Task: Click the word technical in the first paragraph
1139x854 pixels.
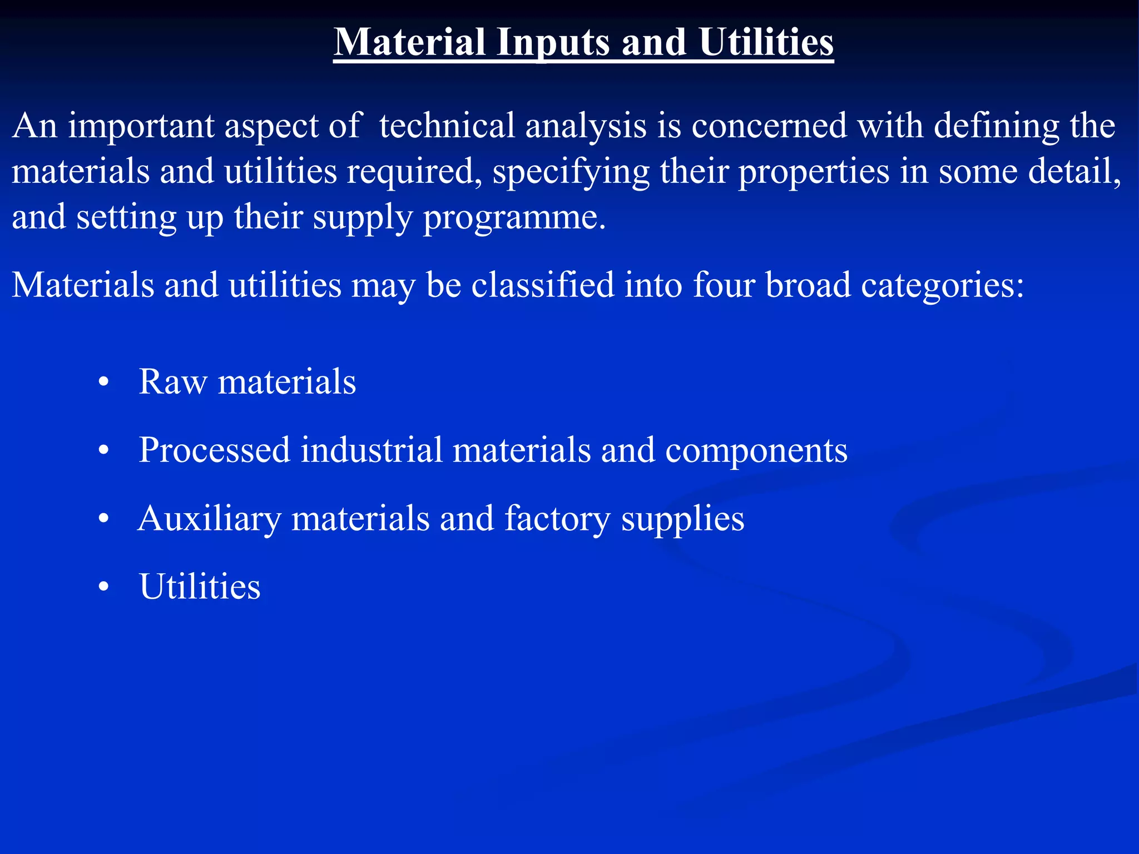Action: [447, 126]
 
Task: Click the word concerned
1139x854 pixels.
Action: [769, 126]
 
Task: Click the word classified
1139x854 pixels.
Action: [543, 285]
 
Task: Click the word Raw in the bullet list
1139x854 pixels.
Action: [172, 383]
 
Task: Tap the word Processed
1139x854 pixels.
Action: [215, 450]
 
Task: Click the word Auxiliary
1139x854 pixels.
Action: [210, 519]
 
